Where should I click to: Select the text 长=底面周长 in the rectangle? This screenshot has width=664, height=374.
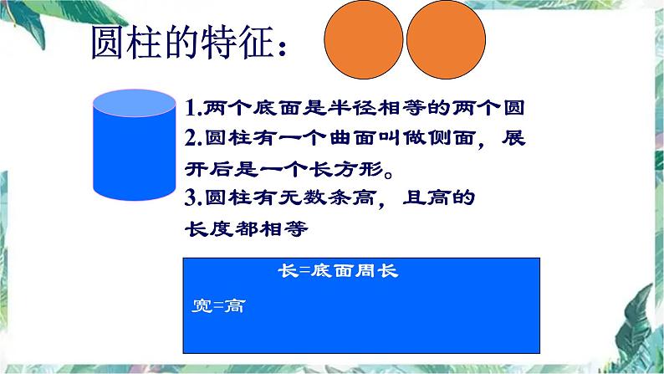pyautogui.click(x=339, y=272)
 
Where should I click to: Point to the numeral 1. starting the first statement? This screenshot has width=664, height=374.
pyautogui.click(x=191, y=108)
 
